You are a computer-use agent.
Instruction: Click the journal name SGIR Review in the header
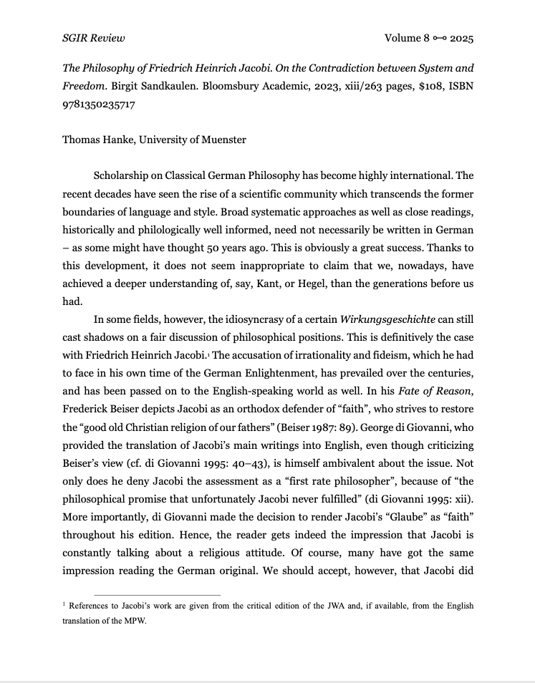(93, 38)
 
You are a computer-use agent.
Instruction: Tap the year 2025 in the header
(462, 38)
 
